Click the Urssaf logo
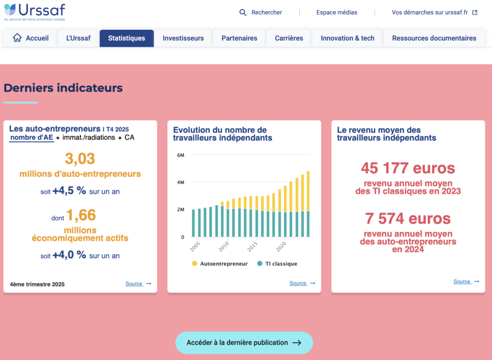coord(35,12)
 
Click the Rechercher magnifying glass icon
coord(243,12)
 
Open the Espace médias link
coord(337,12)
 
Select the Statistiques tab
coord(127,38)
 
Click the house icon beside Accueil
coord(17,37)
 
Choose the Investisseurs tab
coord(183,38)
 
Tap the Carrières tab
coord(289,38)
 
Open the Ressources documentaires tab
coord(434,38)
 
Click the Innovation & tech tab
coord(348,38)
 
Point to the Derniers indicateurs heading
coord(63,88)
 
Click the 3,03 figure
coord(80,158)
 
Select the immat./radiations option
coord(89,137)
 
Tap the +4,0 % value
coord(69,254)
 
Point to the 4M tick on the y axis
coord(181,182)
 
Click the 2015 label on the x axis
coord(252,247)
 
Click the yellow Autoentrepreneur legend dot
coord(195,264)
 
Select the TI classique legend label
coord(281,264)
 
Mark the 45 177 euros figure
coord(408,168)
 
